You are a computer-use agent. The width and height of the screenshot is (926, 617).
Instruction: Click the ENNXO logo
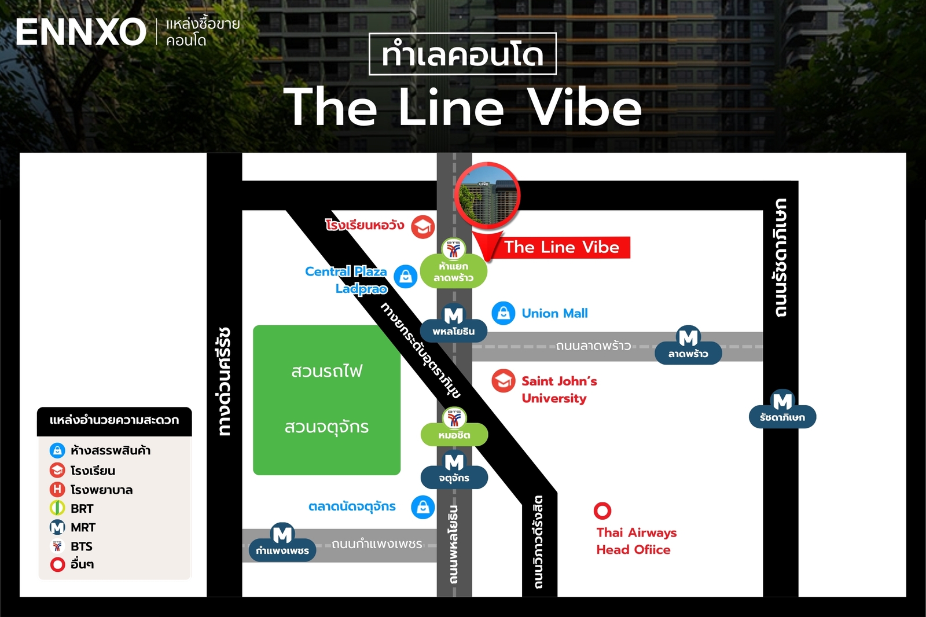click(x=81, y=32)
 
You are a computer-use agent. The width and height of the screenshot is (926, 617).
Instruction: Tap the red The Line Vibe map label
click(x=561, y=247)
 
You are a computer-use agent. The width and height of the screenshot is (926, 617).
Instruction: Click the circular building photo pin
click(x=487, y=196)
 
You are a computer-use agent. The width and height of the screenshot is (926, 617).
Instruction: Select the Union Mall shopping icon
click(x=504, y=313)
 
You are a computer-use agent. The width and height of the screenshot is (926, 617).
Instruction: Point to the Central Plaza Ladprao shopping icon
click(x=406, y=277)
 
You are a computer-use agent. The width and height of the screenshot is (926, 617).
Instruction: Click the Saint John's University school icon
click(x=504, y=381)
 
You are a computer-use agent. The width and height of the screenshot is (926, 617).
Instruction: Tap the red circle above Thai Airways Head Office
click(x=602, y=511)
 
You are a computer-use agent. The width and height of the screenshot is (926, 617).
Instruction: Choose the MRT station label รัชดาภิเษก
click(x=782, y=417)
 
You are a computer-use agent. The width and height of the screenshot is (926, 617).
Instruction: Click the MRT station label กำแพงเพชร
click(x=282, y=550)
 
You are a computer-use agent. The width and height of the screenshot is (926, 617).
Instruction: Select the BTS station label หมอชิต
click(x=454, y=435)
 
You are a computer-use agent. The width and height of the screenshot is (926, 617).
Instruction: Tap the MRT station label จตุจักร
click(x=454, y=478)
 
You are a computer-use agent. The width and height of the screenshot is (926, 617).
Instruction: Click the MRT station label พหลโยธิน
click(x=454, y=331)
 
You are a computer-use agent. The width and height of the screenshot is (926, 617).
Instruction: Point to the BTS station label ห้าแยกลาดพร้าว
click(x=454, y=271)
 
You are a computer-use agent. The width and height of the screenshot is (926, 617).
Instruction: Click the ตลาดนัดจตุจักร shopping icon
click(x=423, y=507)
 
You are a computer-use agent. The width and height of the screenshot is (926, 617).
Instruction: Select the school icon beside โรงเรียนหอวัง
click(x=423, y=227)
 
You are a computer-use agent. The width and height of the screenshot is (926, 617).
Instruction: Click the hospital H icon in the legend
click(x=57, y=490)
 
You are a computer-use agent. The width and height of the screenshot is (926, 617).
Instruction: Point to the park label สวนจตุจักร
click(x=326, y=427)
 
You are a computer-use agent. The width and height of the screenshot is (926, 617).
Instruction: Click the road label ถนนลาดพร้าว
click(x=593, y=346)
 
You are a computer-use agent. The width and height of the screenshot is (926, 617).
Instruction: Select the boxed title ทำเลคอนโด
click(x=462, y=54)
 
